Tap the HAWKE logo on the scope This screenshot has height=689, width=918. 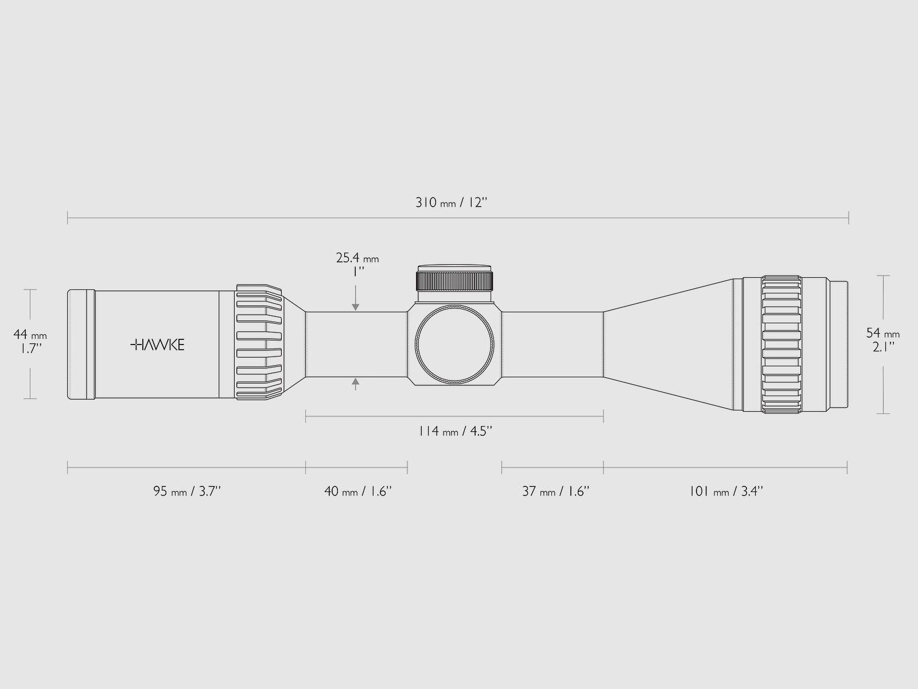pyautogui.click(x=157, y=344)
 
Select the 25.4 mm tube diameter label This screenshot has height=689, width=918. pyautogui.click(x=357, y=258)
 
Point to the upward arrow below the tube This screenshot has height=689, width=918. pyautogui.click(x=356, y=382)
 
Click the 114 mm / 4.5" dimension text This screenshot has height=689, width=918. pyautogui.click(x=455, y=431)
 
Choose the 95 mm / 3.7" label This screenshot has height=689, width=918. pyautogui.click(x=187, y=491)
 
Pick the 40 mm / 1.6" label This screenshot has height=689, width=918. pyautogui.click(x=357, y=491)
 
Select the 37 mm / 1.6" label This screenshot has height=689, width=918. pyautogui.click(x=555, y=491)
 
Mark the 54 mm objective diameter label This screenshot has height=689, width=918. pyautogui.click(x=882, y=333)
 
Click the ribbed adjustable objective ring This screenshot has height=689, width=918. pyautogui.click(x=781, y=344)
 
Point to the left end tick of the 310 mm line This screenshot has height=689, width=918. pyautogui.click(x=68, y=218)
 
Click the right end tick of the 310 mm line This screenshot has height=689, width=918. pyautogui.click(x=848, y=218)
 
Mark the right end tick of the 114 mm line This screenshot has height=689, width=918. pyautogui.click(x=603, y=416)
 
